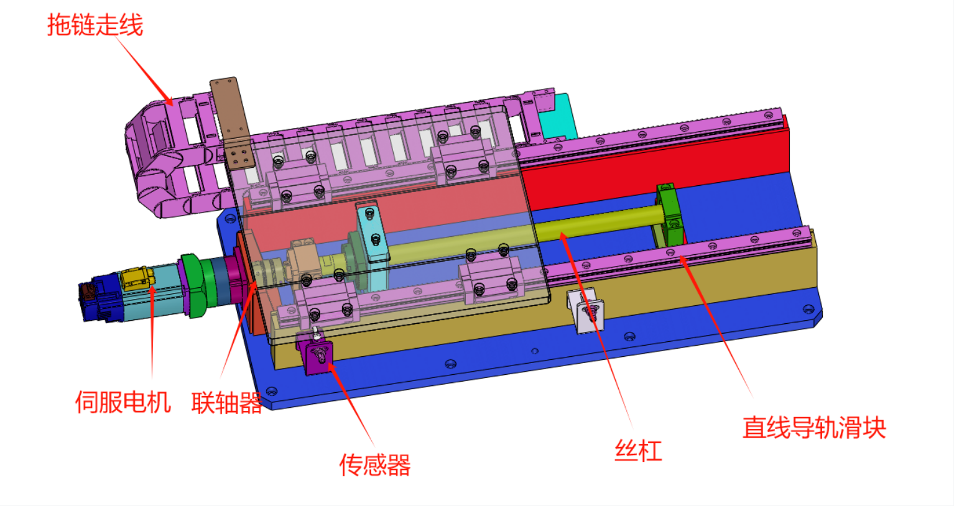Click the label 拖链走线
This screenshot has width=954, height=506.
pos(95,25)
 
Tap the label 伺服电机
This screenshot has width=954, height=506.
pos(123,402)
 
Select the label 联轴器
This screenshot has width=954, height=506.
pos(226,403)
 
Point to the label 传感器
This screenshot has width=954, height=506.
pos(375,465)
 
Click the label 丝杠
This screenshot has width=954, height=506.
pos(639,450)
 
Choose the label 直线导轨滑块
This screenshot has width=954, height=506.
pos(814,427)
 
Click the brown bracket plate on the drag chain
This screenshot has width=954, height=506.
pos(232,124)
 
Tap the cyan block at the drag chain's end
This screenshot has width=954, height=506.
pos(557,116)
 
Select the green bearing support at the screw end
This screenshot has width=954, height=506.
pos(670,215)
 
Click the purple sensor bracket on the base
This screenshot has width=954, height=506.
pos(316,352)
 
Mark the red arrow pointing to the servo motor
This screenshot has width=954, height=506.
pos(152,332)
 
